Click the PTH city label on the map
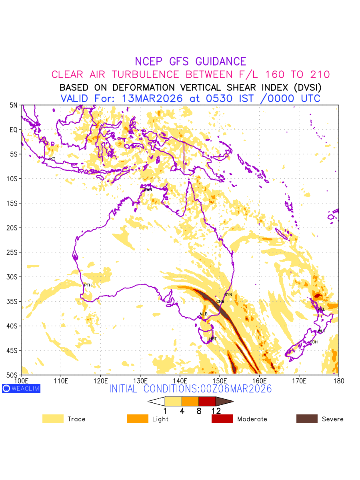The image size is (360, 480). coord(88,285)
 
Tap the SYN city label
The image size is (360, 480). coord(228,295)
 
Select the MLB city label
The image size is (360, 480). coord(204,314)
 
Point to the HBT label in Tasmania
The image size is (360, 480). coord(213,339)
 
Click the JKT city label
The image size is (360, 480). coord(52,159)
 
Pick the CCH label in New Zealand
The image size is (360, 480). coord(314,342)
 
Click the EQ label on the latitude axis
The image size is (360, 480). coord(14,130)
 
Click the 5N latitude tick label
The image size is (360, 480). coord(14,105)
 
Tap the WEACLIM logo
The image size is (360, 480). coord(21,388)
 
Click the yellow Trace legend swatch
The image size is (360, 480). coord(53,419)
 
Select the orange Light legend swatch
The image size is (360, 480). coord(138,419)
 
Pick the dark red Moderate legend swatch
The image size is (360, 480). coord(222,419)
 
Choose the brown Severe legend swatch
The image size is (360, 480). coord(307,419)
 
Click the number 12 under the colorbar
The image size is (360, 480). coord(216,411)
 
